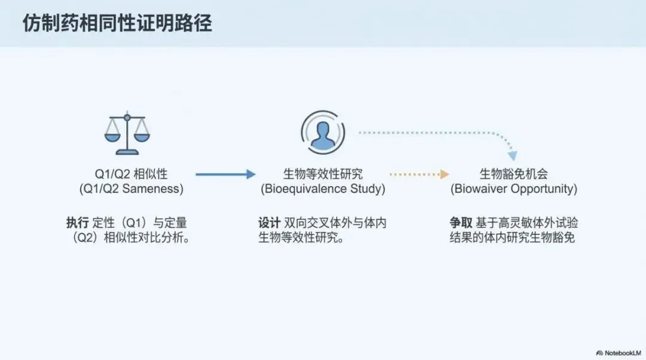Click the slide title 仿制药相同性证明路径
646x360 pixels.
pyautogui.click(x=117, y=23)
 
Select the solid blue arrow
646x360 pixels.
pyautogui.click(x=225, y=174)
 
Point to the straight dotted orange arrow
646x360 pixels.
pyautogui.click(x=419, y=174)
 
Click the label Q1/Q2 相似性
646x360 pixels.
pyautogui.click(x=131, y=174)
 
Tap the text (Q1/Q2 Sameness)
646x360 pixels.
pyautogui.click(x=131, y=189)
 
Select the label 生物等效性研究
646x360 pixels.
pyautogui.click(x=322, y=174)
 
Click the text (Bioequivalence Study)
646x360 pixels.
pyautogui.click(x=322, y=189)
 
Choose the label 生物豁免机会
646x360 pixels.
pyautogui.click(x=514, y=174)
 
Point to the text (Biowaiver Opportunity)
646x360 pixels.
pyautogui.click(x=514, y=189)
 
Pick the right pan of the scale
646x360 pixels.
pyautogui.click(x=142, y=137)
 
